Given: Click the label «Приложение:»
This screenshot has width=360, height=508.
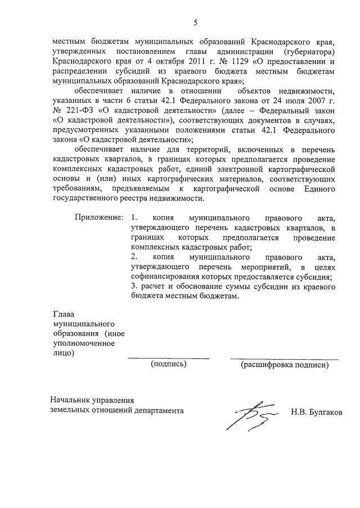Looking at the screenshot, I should coord(98,217).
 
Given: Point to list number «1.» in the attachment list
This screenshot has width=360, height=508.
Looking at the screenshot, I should coord(133,217).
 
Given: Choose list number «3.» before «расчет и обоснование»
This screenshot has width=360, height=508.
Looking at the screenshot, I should coord(132,287).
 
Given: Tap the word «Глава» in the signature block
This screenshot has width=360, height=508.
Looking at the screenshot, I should coord(63,314).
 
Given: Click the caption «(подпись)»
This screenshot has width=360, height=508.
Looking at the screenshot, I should coord(168,364).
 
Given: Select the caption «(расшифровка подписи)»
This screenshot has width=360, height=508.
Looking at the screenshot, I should coord(285,364).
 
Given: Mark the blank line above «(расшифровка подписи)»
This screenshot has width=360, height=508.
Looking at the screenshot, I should coord(284,358).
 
